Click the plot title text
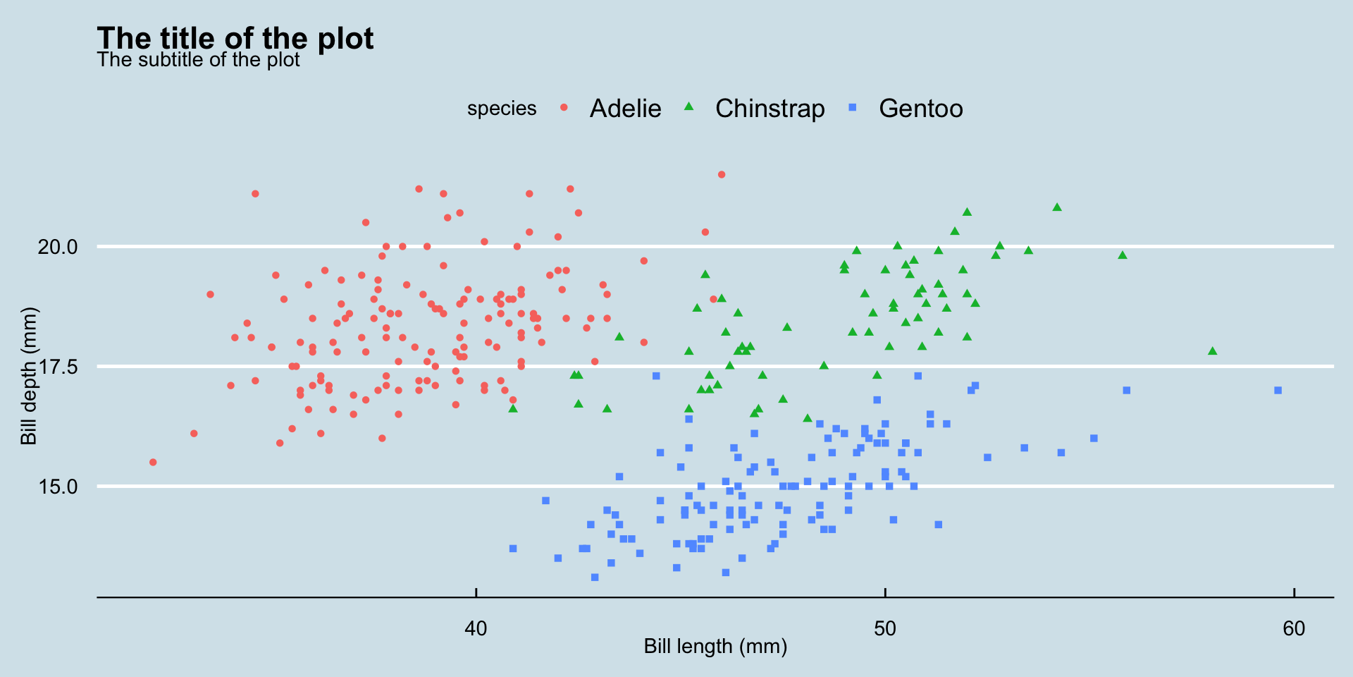(235, 38)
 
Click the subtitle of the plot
(198, 60)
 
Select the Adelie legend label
(625, 109)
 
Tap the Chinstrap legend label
(770, 109)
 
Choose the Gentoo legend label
(920, 109)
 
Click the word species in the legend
(502, 109)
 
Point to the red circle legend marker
(564, 108)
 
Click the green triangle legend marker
(689, 107)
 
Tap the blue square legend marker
(853, 108)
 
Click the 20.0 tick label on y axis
(58, 247)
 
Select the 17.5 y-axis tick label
(58, 367)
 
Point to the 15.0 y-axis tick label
(58, 487)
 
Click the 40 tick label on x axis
(476, 628)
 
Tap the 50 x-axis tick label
(885, 628)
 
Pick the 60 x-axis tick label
(1294, 628)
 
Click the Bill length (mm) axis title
(715, 647)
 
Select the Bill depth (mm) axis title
(28, 376)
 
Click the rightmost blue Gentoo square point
(1278, 390)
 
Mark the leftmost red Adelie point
(153, 463)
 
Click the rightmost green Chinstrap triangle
(1212, 351)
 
